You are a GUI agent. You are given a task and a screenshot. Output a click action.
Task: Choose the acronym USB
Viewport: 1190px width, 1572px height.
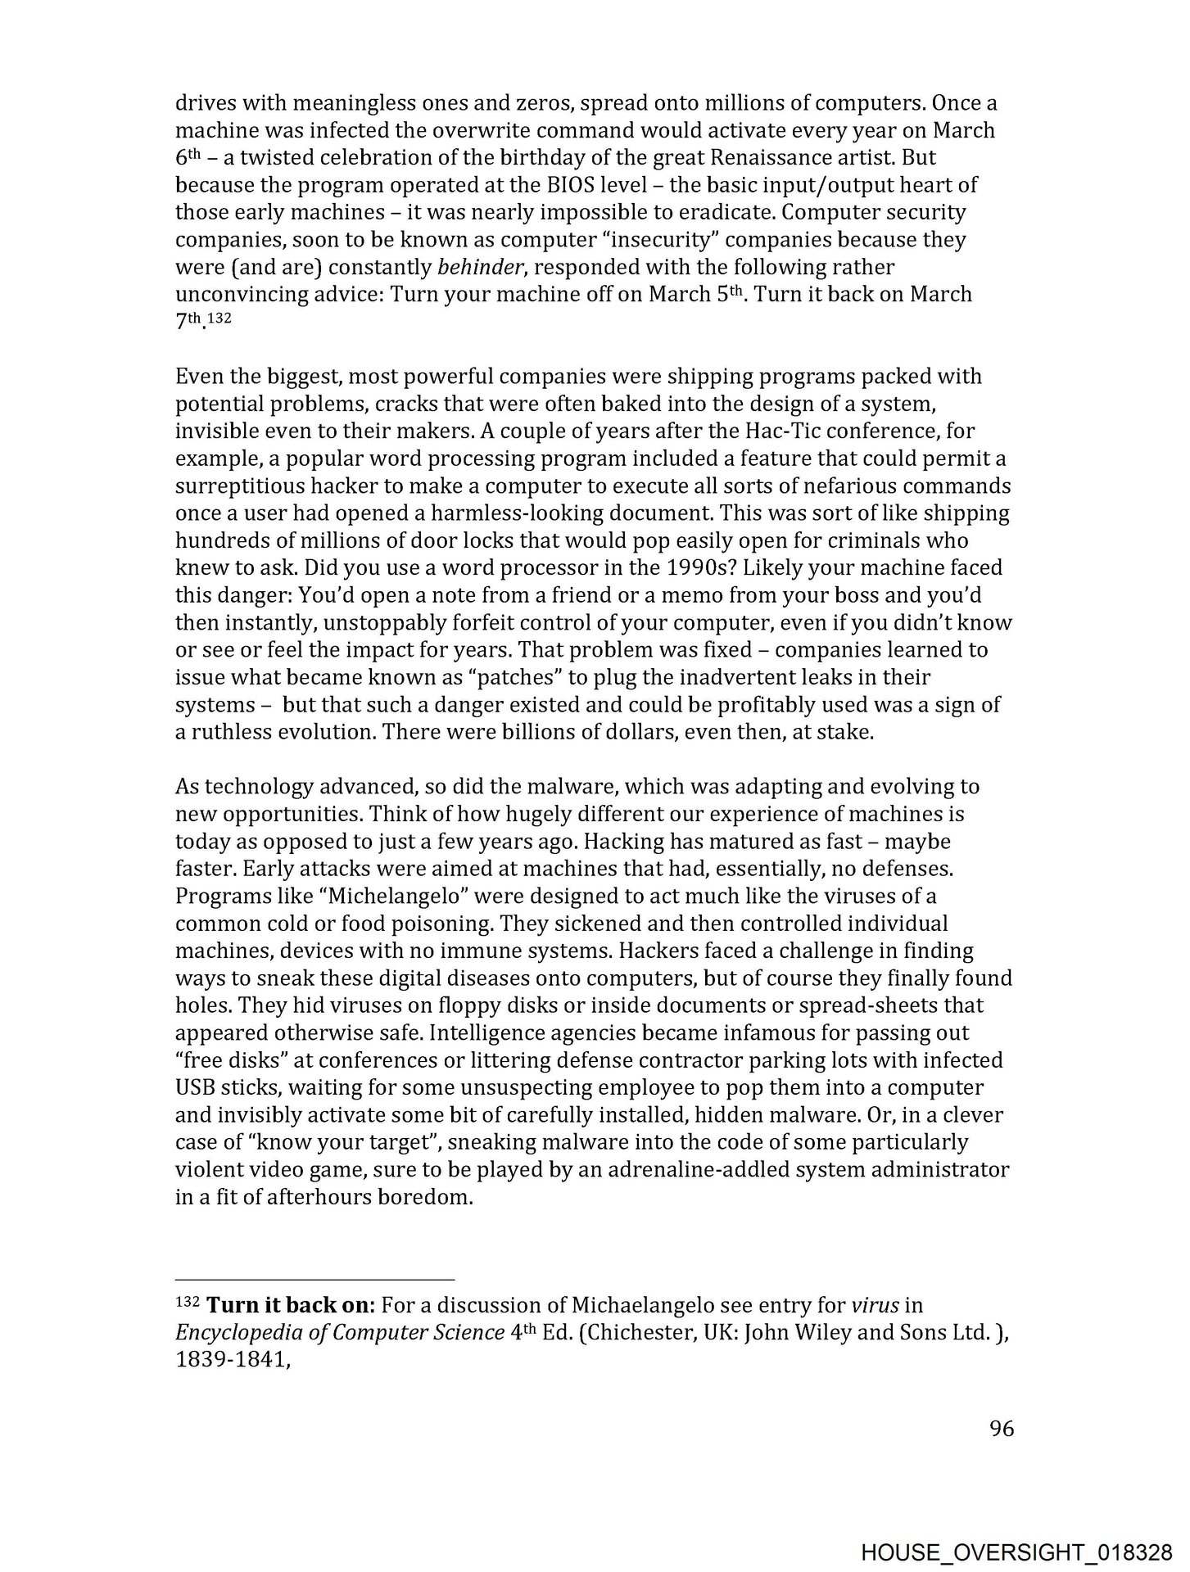click(x=193, y=1088)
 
